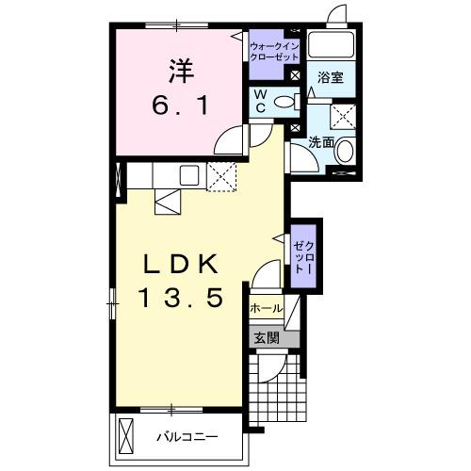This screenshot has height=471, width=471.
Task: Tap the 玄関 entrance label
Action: tap(265, 337)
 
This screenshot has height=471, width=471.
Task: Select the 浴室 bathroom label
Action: tap(329, 78)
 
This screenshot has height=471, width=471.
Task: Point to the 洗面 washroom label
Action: tap(321, 142)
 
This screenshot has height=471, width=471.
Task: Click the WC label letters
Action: tap(261, 102)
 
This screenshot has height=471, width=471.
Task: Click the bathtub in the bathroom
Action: tap(332, 50)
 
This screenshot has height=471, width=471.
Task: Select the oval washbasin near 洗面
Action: tap(345, 151)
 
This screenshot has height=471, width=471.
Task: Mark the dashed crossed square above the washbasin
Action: tap(343, 117)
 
